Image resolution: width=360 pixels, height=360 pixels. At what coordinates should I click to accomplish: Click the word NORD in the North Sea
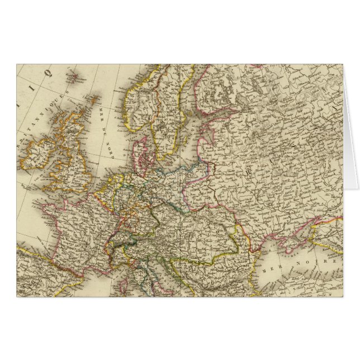pos(108,145)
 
